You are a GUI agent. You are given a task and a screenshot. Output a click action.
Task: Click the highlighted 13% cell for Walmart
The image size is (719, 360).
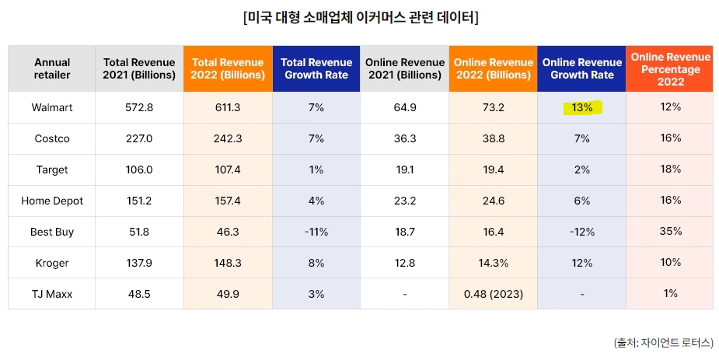pyautogui.click(x=582, y=107)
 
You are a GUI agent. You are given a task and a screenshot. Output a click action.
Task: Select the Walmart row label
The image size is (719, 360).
pyautogui.click(x=52, y=107)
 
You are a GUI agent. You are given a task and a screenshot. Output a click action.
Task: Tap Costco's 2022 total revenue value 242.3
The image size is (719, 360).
pyautogui.click(x=228, y=138)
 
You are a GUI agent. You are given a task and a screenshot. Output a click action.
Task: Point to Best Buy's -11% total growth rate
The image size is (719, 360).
pyautogui.click(x=316, y=232)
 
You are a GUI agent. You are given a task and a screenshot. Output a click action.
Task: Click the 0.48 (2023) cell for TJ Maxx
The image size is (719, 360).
pyautogui.click(x=493, y=294)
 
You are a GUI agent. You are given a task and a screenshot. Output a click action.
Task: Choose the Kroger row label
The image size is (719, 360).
pyautogui.click(x=52, y=263)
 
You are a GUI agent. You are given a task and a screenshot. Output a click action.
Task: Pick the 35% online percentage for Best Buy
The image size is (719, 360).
pyautogui.click(x=669, y=231)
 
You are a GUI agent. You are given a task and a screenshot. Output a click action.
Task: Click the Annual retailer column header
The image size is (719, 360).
pyautogui.click(x=52, y=68)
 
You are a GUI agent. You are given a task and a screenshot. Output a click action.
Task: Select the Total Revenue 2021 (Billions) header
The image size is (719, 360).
pyautogui.click(x=139, y=68)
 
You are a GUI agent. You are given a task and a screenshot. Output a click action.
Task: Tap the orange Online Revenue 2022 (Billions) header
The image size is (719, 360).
pyautogui.click(x=493, y=68)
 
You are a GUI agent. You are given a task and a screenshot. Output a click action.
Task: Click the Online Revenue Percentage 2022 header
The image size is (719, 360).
pyautogui.click(x=669, y=69)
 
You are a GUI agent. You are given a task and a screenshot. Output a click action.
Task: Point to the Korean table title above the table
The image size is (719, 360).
pyautogui.click(x=360, y=17)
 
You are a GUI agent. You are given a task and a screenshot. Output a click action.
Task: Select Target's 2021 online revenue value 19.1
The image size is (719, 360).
pyautogui.click(x=405, y=170)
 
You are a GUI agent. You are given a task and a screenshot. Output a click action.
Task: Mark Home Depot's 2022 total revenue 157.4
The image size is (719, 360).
pyautogui.click(x=228, y=201)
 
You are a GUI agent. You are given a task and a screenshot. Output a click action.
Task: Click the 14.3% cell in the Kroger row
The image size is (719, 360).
pyautogui.click(x=493, y=263)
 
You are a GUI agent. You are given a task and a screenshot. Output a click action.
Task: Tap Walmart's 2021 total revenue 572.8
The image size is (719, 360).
pyautogui.click(x=139, y=107)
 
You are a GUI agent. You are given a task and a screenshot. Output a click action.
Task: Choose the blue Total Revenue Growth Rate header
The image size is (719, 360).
pyautogui.click(x=316, y=68)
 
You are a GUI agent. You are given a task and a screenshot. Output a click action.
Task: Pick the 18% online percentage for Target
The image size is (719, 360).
pyautogui.click(x=669, y=169)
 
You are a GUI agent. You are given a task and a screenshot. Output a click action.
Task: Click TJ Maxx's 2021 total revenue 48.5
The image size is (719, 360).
pyautogui.click(x=139, y=294)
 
